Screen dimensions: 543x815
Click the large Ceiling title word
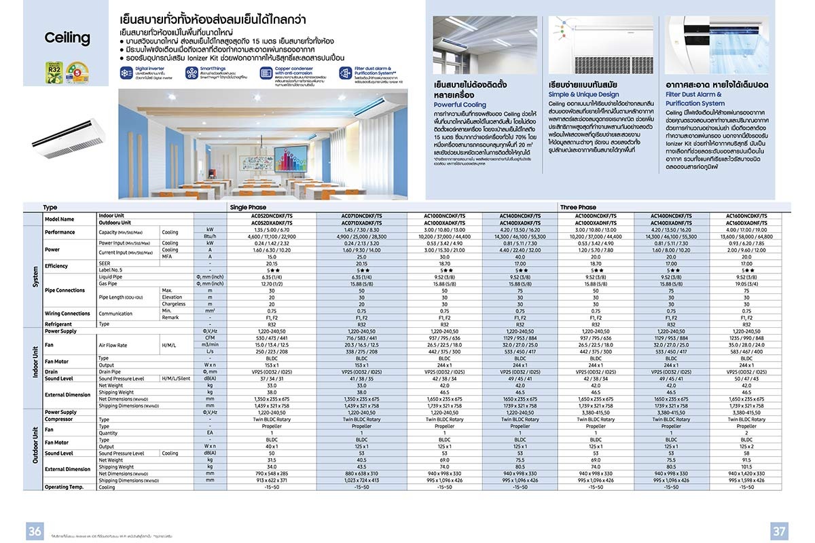[67, 38]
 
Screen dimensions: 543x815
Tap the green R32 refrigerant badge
[54, 72]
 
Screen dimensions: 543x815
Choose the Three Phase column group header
[578, 208]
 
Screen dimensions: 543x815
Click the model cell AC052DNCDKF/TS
[272, 215]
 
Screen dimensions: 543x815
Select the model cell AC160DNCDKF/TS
[746, 215]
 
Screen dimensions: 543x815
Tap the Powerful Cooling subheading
[460, 105]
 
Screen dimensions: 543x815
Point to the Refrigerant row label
[58, 324]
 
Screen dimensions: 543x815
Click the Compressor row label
[60, 419]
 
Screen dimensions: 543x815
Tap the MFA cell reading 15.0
[272, 257]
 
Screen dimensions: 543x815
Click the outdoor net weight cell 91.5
[746, 460]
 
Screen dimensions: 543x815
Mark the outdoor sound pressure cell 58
[746, 453]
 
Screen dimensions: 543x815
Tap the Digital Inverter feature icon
[126, 73]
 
